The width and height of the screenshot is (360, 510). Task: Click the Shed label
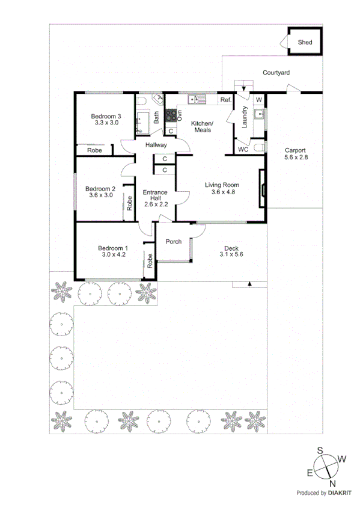(305, 41)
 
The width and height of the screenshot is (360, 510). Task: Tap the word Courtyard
(276, 73)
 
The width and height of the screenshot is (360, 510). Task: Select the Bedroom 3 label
(106, 116)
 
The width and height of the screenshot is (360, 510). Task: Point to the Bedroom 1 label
(113, 248)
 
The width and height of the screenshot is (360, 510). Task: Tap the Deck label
(231, 248)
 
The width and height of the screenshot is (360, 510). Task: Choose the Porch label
(174, 242)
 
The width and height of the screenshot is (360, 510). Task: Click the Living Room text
(222, 185)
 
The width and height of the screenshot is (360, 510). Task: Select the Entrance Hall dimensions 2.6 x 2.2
(156, 204)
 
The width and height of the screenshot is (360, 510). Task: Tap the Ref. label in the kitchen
(226, 99)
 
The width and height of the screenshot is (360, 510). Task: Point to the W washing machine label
(259, 99)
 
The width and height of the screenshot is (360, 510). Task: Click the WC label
(243, 149)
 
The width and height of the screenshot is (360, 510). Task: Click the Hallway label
(156, 145)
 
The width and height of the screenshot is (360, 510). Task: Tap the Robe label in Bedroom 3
(95, 150)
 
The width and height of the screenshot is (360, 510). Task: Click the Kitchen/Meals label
(201, 127)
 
